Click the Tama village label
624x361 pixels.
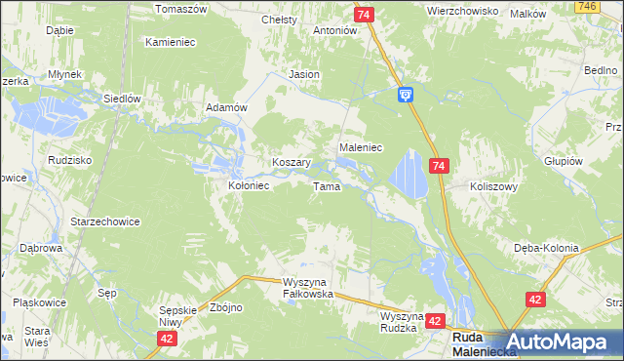click(326, 186)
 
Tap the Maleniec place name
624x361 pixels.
click(360, 146)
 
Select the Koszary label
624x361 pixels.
click(291, 163)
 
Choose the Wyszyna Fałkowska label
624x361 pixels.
click(308, 288)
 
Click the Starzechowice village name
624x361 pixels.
click(105, 221)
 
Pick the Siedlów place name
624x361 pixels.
click(124, 99)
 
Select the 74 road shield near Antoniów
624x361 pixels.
click(364, 15)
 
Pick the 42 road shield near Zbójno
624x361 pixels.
click(168, 337)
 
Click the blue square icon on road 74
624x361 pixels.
click(406, 94)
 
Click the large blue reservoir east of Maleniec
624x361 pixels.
click(409, 175)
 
